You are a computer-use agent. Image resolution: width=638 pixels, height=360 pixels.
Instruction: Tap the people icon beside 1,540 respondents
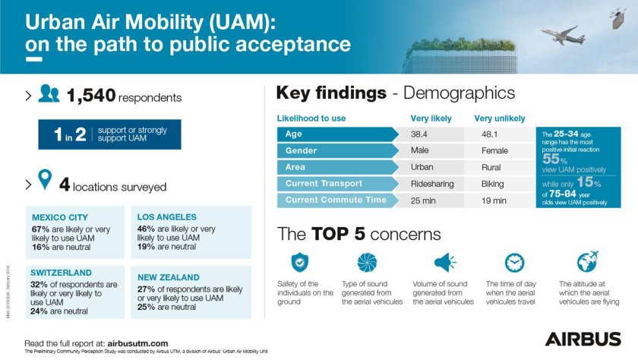[49, 95]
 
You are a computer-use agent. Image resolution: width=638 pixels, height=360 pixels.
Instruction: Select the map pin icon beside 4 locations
[45, 181]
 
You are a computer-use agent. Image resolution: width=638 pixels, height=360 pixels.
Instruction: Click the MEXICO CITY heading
[60, 217]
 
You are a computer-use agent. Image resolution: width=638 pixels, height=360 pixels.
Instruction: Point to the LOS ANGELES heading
[167, 217]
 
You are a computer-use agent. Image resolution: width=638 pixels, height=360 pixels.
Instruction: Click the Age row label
[295, 134]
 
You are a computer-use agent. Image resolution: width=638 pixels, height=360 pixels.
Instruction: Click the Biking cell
[493, 184]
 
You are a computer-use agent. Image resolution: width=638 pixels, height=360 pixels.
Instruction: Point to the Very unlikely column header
[499, 118]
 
